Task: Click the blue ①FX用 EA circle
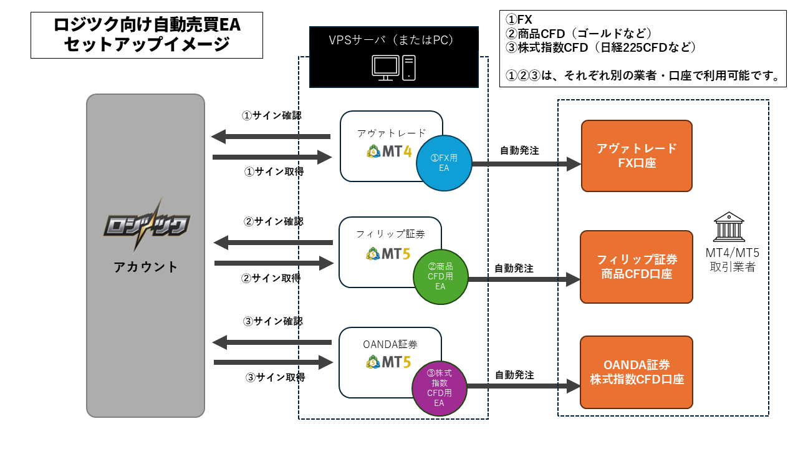444,162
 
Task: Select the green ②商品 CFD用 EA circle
440,276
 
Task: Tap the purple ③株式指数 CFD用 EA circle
439,387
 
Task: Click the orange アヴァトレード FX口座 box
637,156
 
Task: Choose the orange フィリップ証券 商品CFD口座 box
637,266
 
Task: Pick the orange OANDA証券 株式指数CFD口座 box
637,372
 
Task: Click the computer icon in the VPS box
393,67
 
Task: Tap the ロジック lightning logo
146,225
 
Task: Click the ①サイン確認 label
272,115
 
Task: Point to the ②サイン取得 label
271,278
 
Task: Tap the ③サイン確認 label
272,322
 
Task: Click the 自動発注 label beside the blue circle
519,150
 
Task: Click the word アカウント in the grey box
146,267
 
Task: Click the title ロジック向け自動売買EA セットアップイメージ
147,35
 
